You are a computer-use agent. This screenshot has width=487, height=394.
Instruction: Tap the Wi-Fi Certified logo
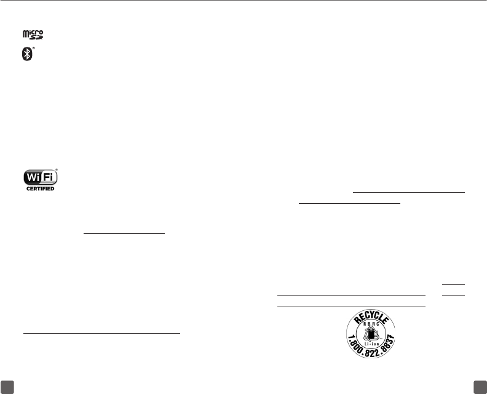[40, 180]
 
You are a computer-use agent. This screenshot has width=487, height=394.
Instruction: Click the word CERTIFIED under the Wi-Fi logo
[40, 188]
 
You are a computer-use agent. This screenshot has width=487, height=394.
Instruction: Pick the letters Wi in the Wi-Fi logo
[31, 177]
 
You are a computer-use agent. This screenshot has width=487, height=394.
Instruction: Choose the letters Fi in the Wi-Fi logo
[47, 177]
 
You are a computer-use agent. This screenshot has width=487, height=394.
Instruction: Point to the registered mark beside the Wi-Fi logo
[57, 169]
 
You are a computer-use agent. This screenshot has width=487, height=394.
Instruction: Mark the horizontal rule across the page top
[244, 1]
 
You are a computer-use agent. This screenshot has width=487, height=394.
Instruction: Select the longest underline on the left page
[101, 333]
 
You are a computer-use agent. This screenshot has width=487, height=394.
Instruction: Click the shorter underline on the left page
[125, 233]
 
